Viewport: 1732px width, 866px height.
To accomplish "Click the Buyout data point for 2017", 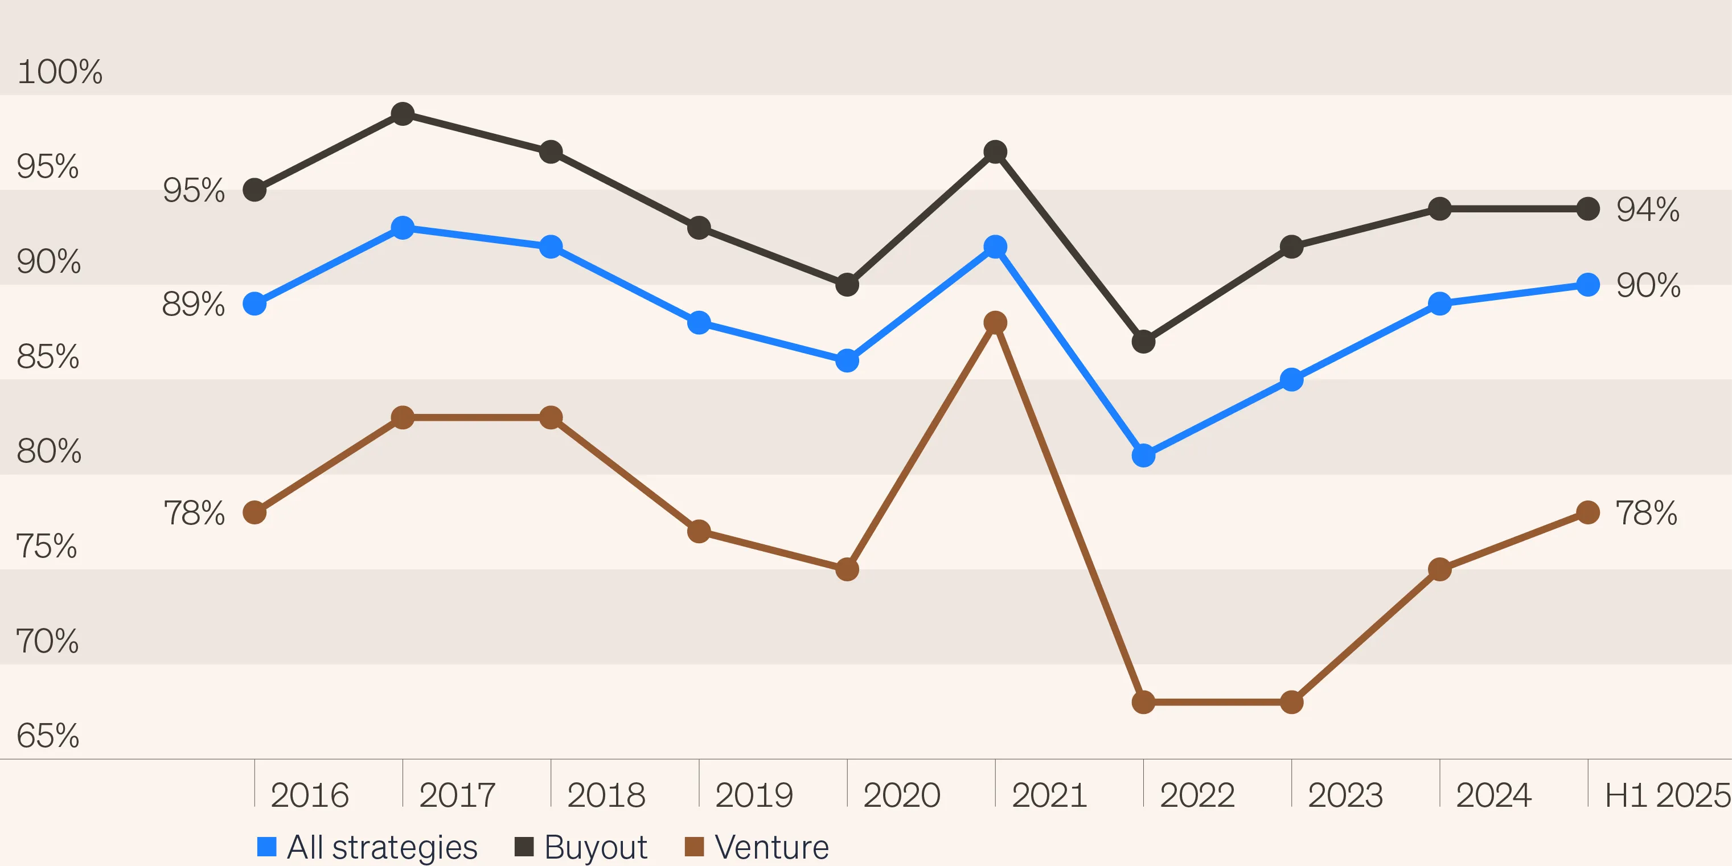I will click(402, 114).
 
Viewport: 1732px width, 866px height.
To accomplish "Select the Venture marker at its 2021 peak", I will click(995, 323).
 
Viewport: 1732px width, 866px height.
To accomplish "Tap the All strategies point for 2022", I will click(1143, 455).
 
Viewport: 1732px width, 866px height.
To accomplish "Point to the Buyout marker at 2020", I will click(847, 285).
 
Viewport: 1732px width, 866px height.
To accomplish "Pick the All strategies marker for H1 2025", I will click(1587, 285).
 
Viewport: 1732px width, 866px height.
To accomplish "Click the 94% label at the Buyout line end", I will click(1647, 210).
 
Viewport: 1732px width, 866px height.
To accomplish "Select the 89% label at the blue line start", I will click(193, 304).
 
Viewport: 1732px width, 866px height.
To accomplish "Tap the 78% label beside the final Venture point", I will click(1646, 513).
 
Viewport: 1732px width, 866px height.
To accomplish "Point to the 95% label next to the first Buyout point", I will click(193, 190).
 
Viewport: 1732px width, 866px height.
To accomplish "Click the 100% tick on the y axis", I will click(59, 72).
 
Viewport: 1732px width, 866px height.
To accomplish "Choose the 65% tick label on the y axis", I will click(48, 736).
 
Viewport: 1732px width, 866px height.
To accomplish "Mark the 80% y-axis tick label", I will click(48, 451).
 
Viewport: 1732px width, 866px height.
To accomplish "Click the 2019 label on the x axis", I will click(754, 795).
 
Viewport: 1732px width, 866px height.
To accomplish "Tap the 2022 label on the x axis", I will click(1197, 795).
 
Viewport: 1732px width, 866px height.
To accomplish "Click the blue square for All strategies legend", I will click(267, 847).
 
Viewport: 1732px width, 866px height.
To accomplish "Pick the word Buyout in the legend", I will click(595, 847).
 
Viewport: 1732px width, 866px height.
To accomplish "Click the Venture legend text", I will click(771, 847).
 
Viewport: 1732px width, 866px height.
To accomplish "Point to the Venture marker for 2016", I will click(254, 512).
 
